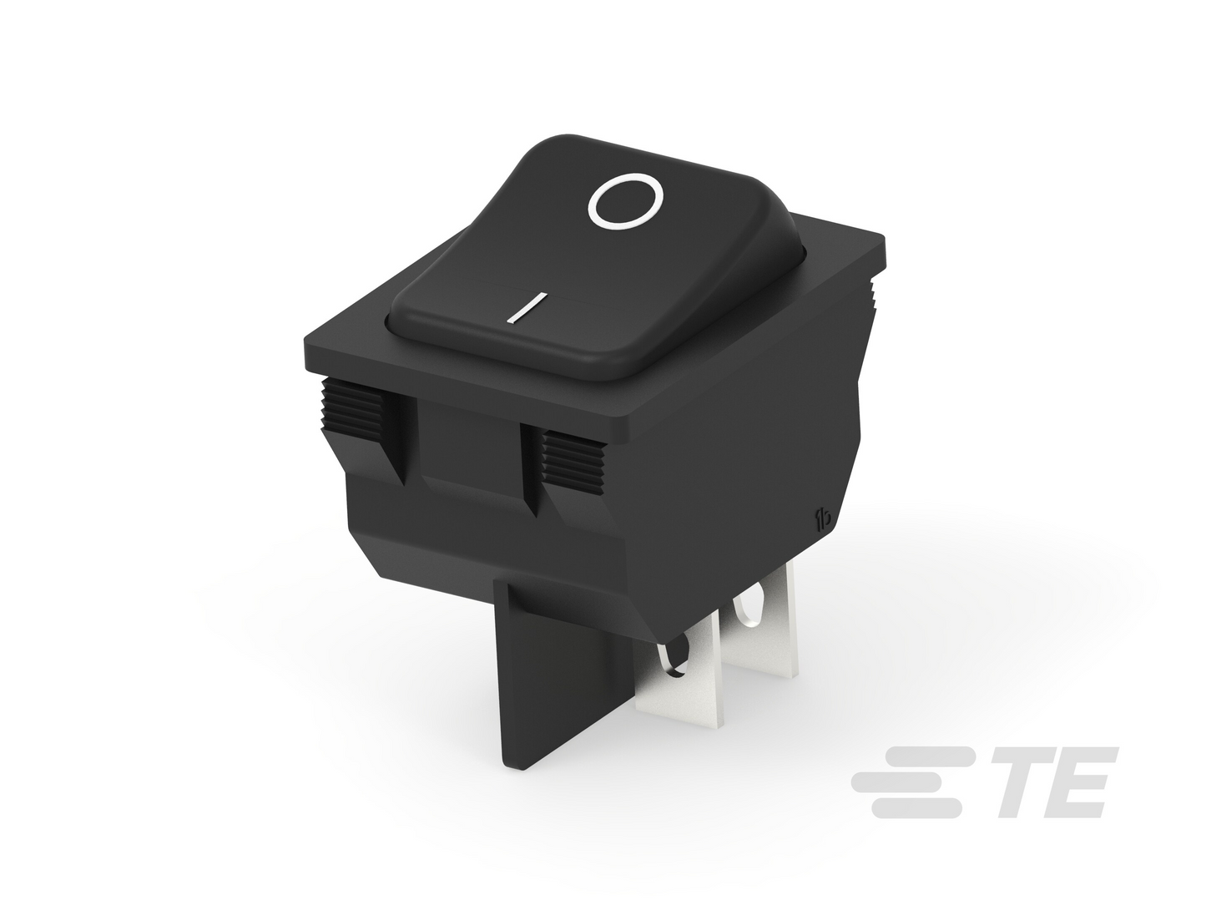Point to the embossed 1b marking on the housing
[x=823, y=518]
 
